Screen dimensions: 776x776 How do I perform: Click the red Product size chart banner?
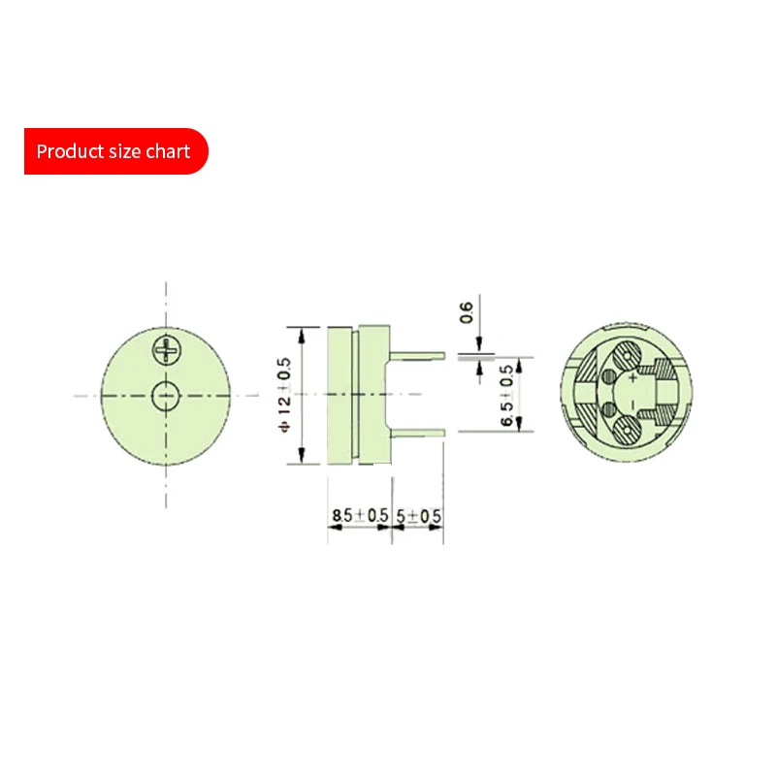pyautogui.click(x=116, y=151)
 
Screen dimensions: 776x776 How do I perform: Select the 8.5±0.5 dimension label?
pyautogui.click(x=360, y=515)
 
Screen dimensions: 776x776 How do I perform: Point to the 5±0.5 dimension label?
pyautogui.click(x=418, y=516)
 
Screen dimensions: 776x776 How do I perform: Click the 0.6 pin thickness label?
pyautogui.click(x=467, y=312)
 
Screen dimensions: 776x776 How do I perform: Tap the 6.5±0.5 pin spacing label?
pyautogui.click(x=506, y=396)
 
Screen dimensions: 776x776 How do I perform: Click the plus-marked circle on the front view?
pyautogui.click(x=166, y=350)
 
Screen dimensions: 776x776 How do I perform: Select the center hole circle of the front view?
pyautogui.click(x=166, y=396)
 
